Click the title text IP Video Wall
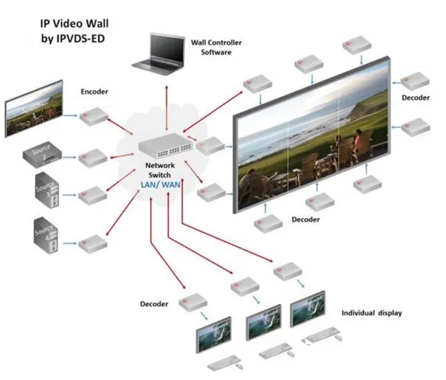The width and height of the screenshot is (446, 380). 71,23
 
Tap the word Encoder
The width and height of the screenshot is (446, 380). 94,91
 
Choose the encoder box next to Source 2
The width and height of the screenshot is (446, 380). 94,157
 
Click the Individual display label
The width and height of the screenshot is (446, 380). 372,313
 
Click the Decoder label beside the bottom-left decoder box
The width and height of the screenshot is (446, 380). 155,304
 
